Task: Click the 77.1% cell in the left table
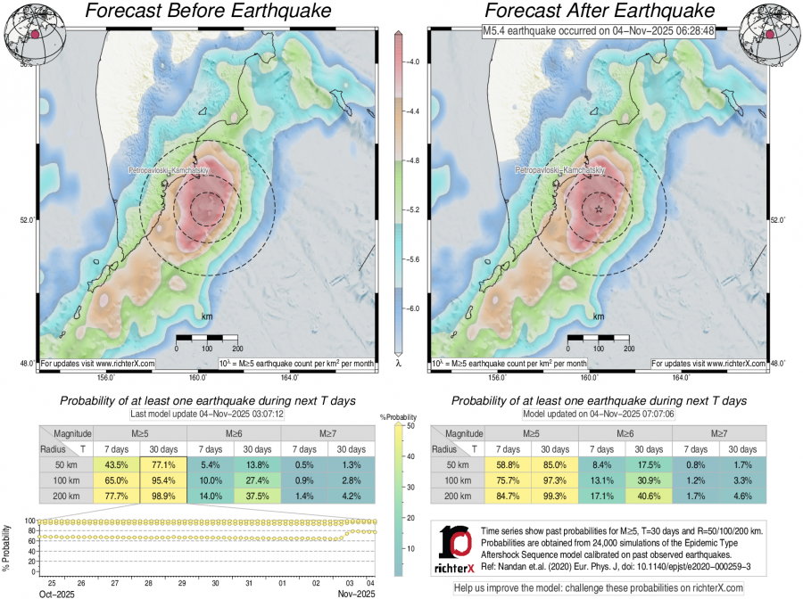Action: click(x=163, y=465)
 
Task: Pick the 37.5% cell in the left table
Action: click(x=256, y=496)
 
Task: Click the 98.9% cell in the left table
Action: click(x=163, y=496)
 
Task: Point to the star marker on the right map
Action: click(x=599, y=209)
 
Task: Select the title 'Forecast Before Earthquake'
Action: click(x=206, y=12)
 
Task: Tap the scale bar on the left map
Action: click(x=207, y=339)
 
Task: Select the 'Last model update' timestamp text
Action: click(x=207, y=415)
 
